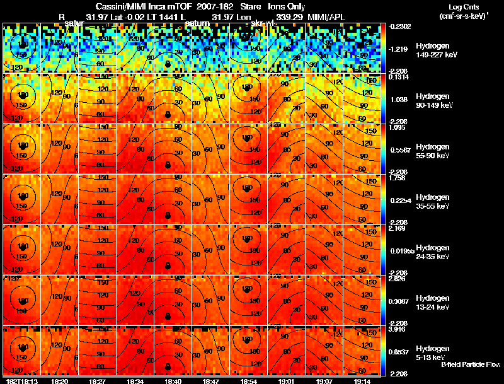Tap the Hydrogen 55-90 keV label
pos(432,151)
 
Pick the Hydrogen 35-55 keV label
pos(432,201)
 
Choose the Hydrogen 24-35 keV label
pos(432,252)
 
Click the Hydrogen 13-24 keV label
pos(432,302)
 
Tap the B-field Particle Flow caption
pos(470,364)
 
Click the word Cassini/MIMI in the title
pos(118,6)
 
